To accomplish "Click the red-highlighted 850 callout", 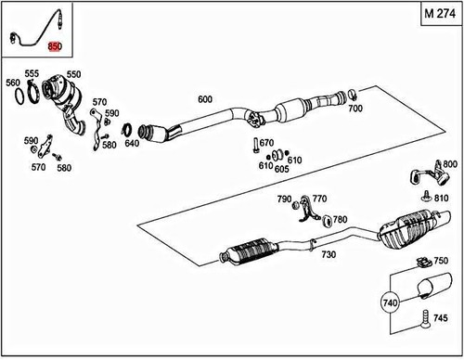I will click(x=56, y=46).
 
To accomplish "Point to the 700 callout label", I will click(x=355, y=109).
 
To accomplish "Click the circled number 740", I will click(x=388, y=302).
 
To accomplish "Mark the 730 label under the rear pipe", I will click(x=329, y=254).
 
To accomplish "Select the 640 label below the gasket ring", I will click(x=132, y=144).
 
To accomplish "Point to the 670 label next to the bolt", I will click(x=267, y=143).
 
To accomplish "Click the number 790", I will click(x=284, y=199).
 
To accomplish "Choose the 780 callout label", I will click(x=341, y=220).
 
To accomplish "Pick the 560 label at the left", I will click(x=13, y=83).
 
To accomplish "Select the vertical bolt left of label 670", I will click(x=252, y=145).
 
